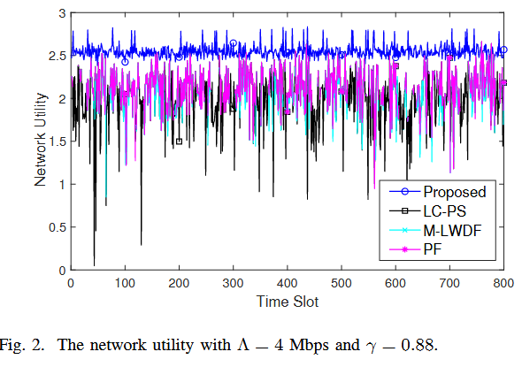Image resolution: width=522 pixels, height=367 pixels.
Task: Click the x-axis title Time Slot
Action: click(x=288, y=302)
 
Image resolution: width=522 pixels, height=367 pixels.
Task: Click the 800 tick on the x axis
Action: click(x=503, y=284)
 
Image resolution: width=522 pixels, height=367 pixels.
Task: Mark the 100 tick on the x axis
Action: click(x=125, y=284)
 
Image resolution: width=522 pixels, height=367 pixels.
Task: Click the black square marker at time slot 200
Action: click(x=179, y=141)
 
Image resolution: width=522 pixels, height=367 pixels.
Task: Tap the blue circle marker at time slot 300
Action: click(x=234, y=43)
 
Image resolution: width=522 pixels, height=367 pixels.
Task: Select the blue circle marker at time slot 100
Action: click(x=125, y=62)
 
